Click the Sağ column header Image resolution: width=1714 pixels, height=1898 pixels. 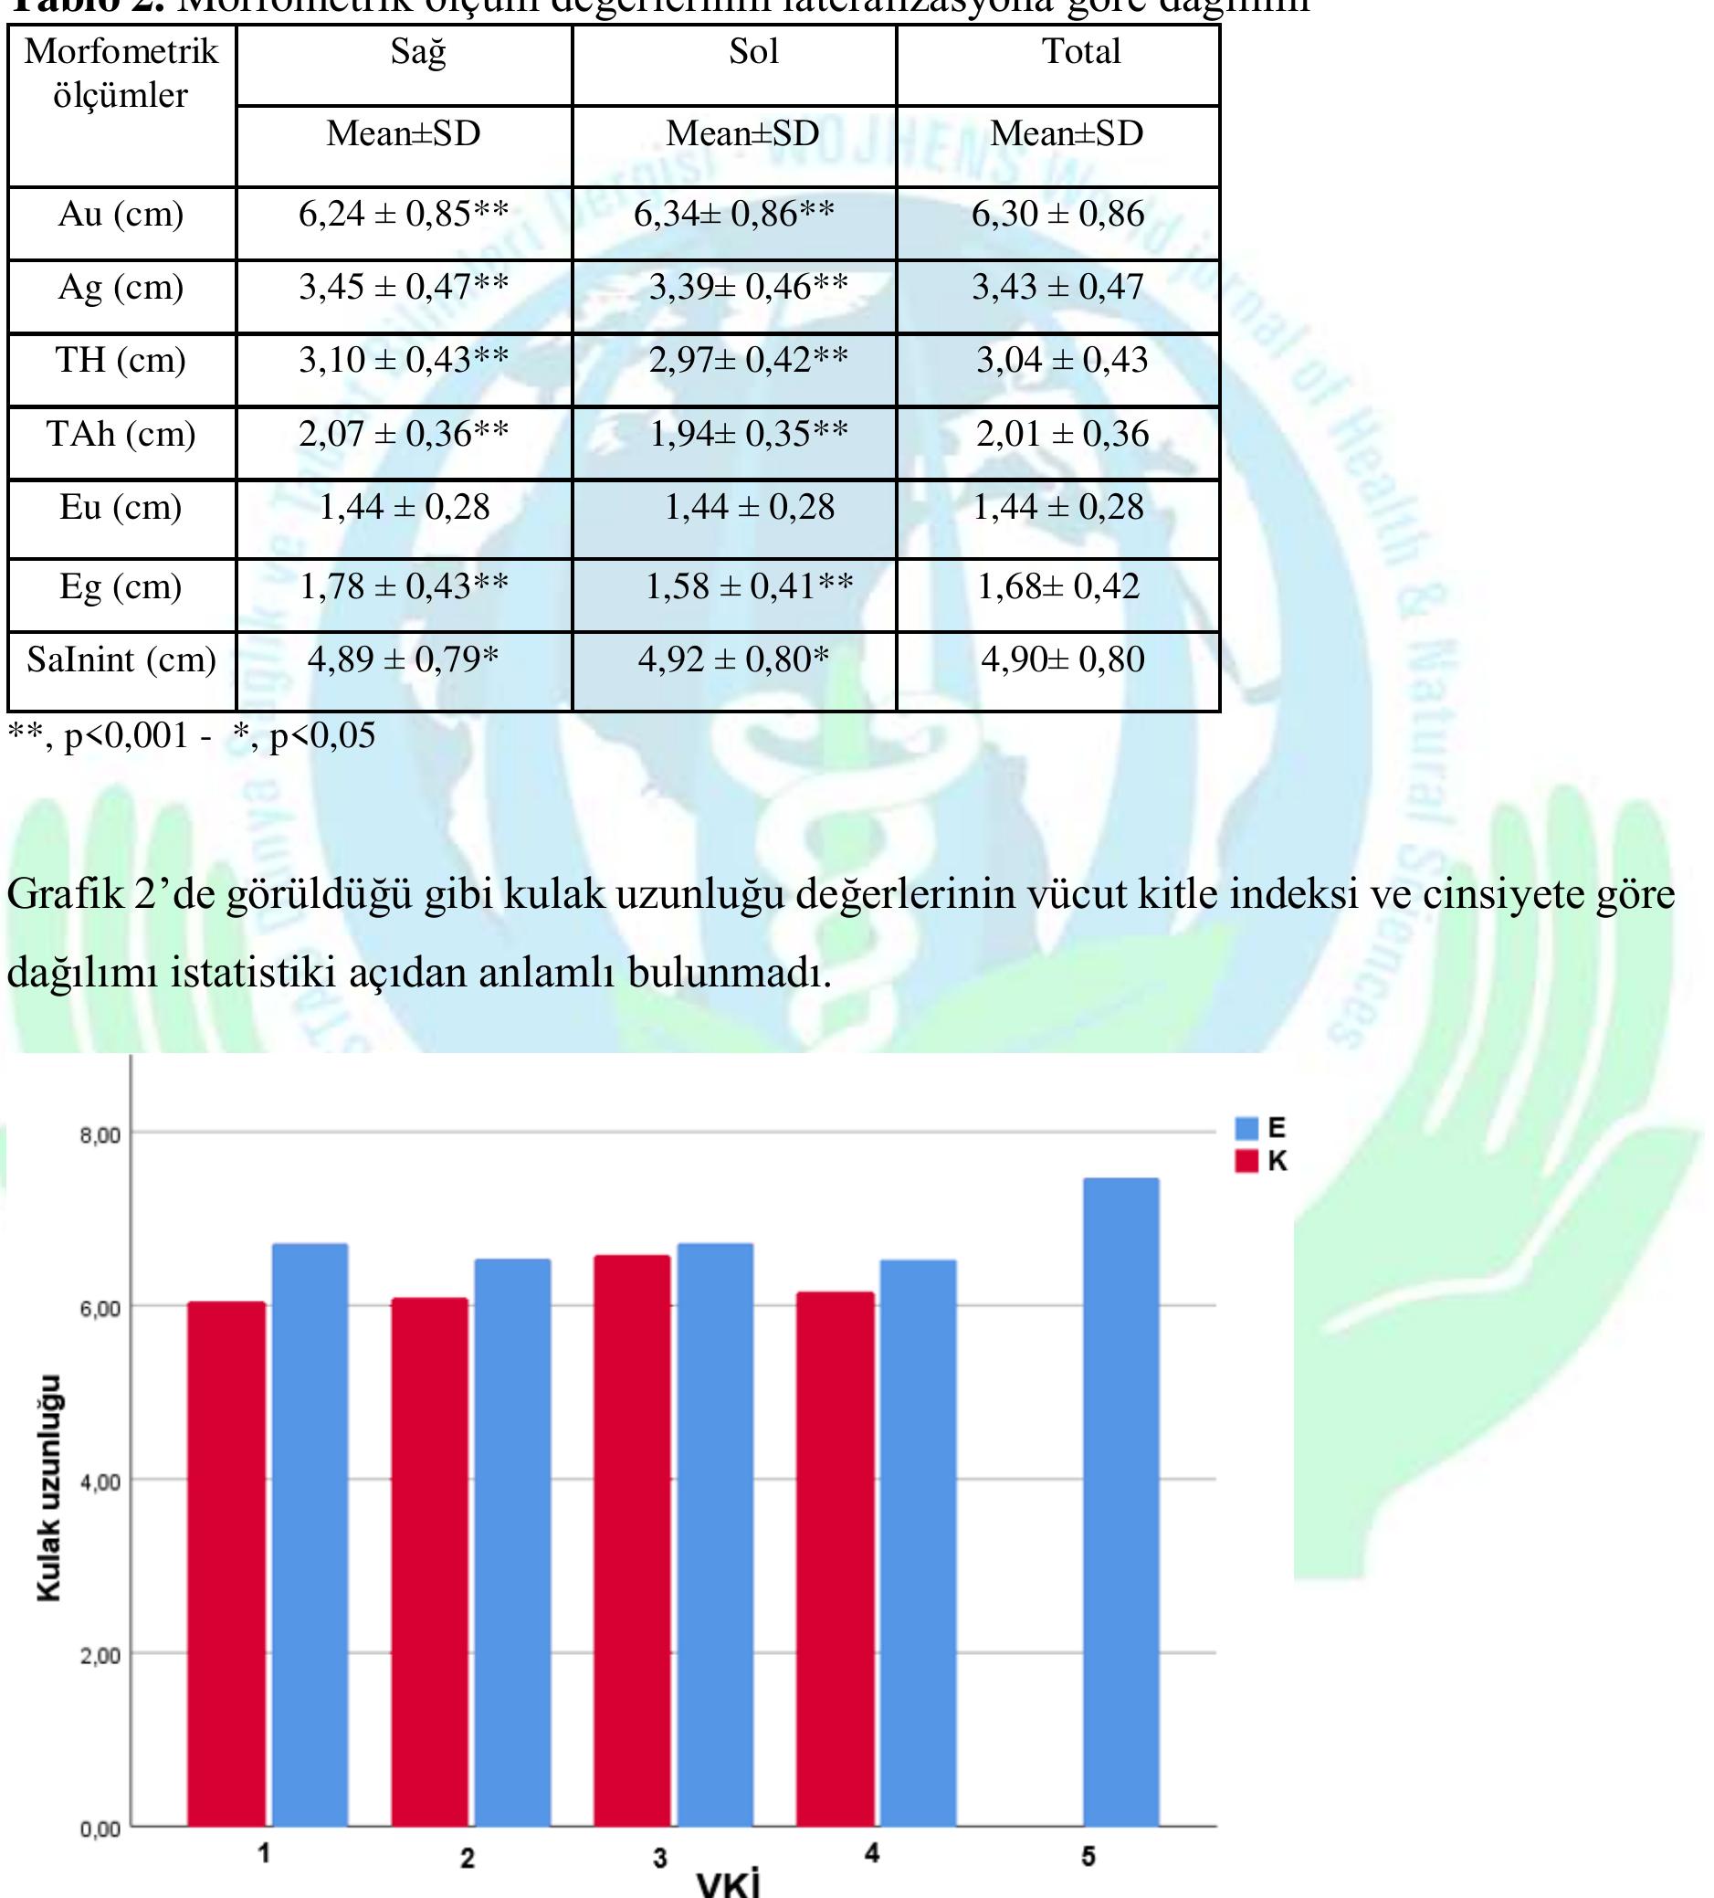coord(418,52)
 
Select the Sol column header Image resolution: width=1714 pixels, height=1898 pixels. coord(753,52)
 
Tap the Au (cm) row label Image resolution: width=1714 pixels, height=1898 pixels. coord(121,215)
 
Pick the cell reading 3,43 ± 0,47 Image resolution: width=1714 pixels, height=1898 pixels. coord(1057,287)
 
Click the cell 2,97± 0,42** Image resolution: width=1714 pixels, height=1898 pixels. coord(748,360)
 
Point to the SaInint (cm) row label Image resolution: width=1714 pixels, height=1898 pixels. coord(121,660)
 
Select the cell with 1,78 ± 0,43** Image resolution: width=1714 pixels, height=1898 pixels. coord(404,586)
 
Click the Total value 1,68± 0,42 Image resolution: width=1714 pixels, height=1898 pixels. coord(1058,586)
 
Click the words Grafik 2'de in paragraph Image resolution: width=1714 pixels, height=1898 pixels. coord(116,894)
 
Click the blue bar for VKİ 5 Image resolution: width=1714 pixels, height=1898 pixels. coord(1120,1506)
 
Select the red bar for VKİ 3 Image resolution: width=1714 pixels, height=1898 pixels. coord(632,1544)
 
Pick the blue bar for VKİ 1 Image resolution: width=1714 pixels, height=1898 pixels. coord(310,1534)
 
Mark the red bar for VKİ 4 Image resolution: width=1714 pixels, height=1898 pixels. coord(835,1563)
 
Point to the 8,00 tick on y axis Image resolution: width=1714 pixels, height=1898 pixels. coord(100,1135)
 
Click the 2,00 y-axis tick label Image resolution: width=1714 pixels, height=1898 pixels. coord(100,1656)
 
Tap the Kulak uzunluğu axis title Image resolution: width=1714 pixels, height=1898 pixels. coord(49,1488)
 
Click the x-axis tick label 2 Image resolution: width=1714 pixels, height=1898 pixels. coord(467,1858)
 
